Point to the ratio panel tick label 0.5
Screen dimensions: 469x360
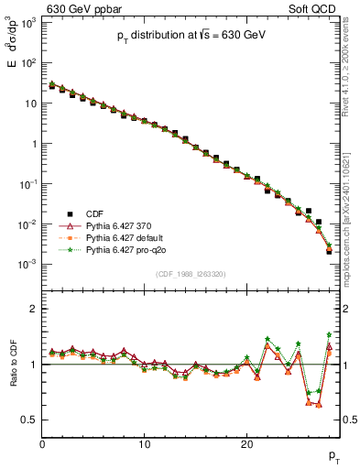tap(29, 420)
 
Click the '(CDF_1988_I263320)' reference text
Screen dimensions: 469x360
tap(191, 274)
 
